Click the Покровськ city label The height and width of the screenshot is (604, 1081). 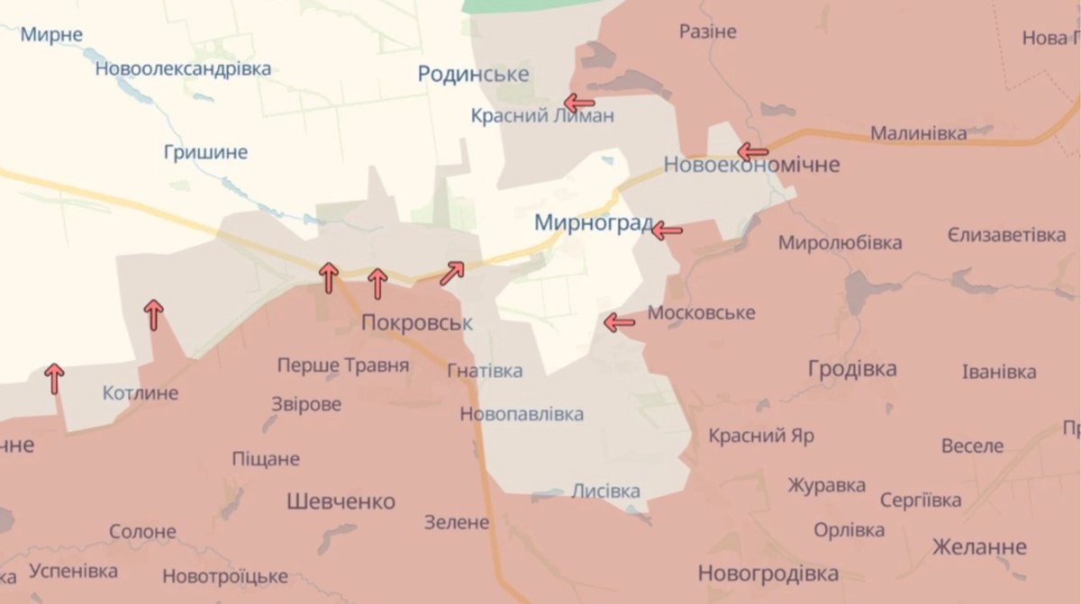pos(416,322)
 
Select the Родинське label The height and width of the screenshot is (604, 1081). pos(473,74)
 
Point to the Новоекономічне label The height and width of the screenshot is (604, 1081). pos(751,165)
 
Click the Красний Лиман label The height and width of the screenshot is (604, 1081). pos(542,115)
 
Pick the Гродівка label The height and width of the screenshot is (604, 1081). pos(852,368)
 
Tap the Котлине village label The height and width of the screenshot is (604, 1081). pos(141,392)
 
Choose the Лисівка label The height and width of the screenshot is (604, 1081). pos(605,491)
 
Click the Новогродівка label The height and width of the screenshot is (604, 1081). pos(768,572)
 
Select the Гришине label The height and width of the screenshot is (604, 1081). pos(205,152)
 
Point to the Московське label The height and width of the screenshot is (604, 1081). pos(701,313)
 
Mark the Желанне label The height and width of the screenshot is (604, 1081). pos(979,546)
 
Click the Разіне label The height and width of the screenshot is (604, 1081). pos(707,32)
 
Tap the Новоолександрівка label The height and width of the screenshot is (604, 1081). pos(183,68)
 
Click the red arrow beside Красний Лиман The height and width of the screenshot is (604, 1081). pos(578,103)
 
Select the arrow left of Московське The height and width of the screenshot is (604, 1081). pos(619,322)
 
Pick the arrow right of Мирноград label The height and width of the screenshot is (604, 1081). pos(667,230)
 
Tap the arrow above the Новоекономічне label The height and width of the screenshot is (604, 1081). pos(752,151)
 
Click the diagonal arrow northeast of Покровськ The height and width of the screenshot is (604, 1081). pos(452,273)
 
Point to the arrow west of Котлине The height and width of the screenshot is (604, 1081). pos(55,378)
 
